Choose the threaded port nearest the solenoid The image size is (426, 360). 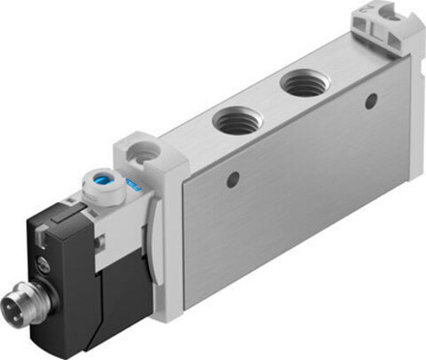click(233, 122)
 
